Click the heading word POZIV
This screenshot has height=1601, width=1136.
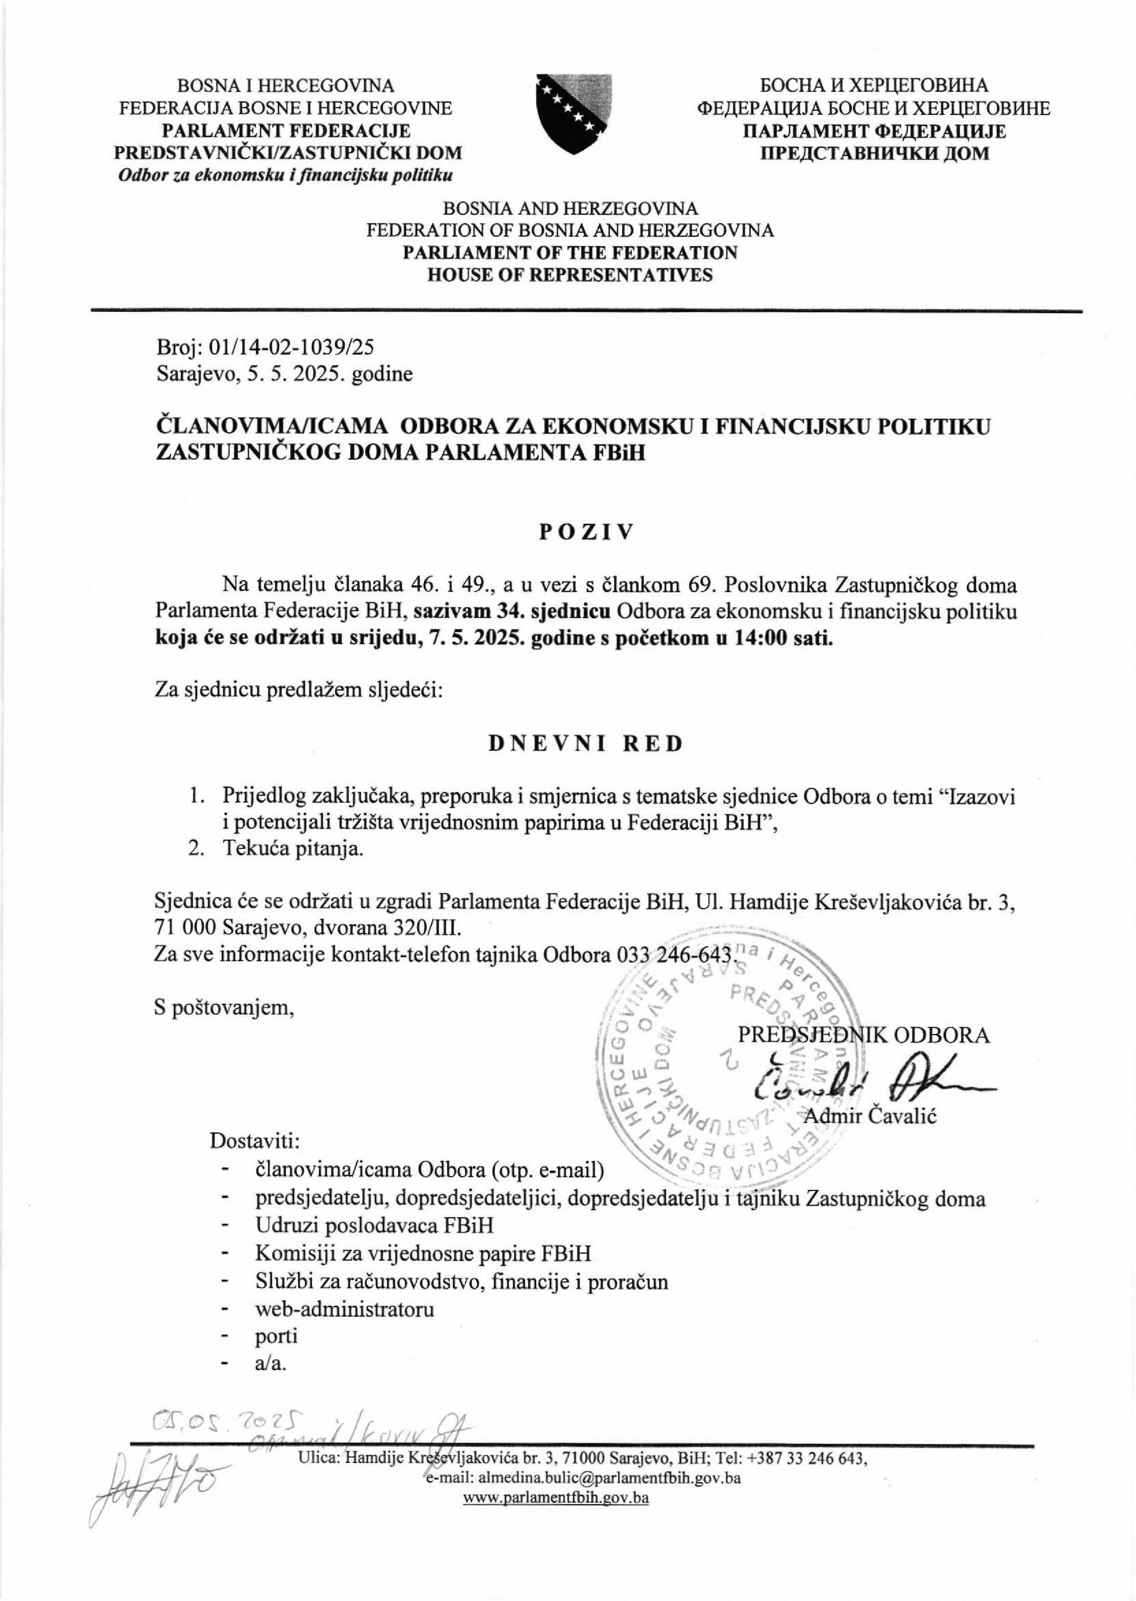click(x=586, y=532)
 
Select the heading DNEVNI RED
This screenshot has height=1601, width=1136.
click(x=586, y=743)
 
